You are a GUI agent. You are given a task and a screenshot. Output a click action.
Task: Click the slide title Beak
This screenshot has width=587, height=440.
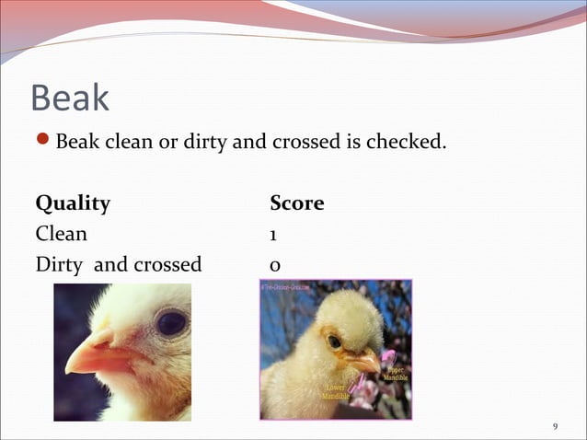point(70,98)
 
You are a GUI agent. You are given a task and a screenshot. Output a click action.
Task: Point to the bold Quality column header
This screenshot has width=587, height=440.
point(73,203)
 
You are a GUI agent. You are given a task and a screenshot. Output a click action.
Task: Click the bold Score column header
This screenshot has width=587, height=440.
point(296,203)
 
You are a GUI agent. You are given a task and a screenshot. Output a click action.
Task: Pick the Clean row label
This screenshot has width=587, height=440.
point(62,234)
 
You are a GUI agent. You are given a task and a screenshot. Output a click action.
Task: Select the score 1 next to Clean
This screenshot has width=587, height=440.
point(275,235)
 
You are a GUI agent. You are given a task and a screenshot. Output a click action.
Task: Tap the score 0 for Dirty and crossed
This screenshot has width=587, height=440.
point(276,265)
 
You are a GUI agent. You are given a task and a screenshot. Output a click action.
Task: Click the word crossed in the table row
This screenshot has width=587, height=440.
point(167,265)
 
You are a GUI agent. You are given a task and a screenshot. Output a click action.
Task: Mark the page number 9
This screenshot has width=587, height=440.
point(555,426)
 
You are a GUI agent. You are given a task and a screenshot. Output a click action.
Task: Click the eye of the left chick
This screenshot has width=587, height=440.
point(170,323)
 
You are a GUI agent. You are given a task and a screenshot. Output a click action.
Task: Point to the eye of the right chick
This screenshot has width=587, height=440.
point(335,342)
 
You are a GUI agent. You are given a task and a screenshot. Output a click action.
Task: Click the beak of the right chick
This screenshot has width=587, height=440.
point(365,363)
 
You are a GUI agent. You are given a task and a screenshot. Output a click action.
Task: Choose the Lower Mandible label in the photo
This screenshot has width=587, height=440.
point(334,391)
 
